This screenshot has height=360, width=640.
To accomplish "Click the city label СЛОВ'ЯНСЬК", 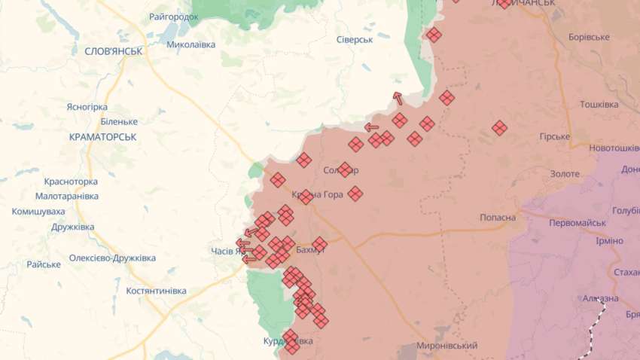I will [108, 50].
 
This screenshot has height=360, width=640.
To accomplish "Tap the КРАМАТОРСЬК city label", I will [102, 137].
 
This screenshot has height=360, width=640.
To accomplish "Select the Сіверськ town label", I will [355, 38].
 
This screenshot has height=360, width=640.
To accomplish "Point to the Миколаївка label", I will [190, 44].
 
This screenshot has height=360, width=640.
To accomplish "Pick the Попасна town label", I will [498, 218].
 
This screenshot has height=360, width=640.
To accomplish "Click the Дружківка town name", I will [73, 227].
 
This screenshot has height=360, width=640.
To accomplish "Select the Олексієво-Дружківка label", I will [112, 258].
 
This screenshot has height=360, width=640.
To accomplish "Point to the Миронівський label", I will [447, 346].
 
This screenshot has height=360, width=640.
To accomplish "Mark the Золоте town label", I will [565, 174].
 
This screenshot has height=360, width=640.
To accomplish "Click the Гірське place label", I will [555, 137].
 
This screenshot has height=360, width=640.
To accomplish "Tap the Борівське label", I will [590, 37].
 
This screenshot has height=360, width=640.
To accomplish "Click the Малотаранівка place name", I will [67, 196].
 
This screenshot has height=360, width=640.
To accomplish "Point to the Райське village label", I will [44, 264].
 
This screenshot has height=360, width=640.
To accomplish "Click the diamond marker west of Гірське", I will [499, 128].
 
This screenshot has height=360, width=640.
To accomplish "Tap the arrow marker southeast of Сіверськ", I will [397, 98].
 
